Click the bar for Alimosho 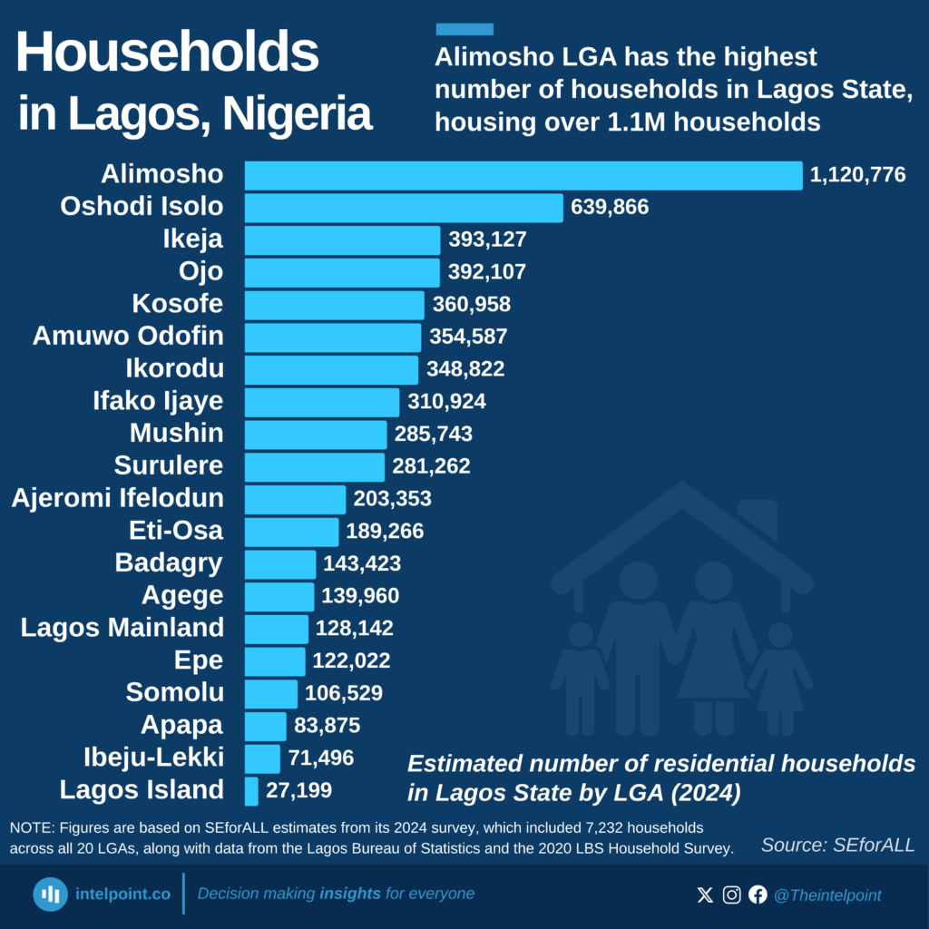point(523,175)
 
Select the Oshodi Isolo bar point(404,208)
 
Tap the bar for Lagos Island point(251,790)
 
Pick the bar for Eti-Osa point(291,532)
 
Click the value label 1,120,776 point(857,175)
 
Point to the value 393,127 point(487,240)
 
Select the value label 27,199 point(298,790)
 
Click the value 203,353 point(392,499)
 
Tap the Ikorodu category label point(174,369)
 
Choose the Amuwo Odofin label point(128,337)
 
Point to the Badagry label point(169,563)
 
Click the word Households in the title point(168,54)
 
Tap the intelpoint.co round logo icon point(51,895)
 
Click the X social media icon point(705,895)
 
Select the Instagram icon point(731,895)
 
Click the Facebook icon point(758,895)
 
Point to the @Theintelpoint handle point(826,895)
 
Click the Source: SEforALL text point(837,846)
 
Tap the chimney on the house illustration point(758,519)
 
